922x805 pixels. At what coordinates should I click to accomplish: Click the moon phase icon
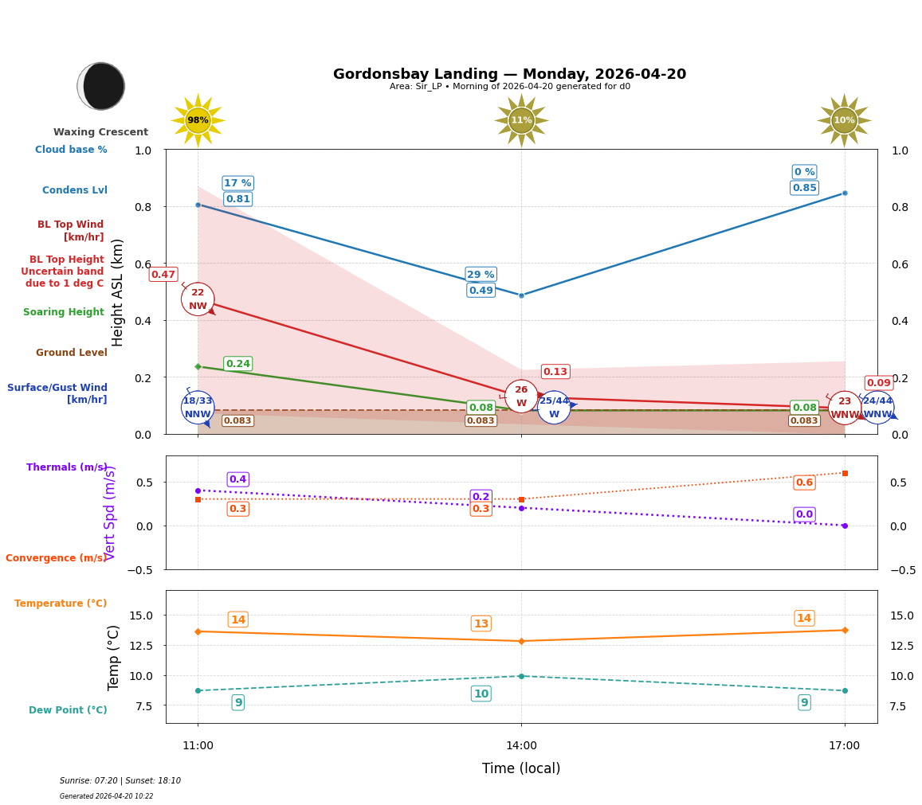coord(101,86)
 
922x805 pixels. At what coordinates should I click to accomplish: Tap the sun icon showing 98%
coord(198,120)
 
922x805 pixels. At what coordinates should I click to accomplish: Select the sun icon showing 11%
coord(521,120)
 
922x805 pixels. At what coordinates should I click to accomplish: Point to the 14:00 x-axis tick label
coord(521,746)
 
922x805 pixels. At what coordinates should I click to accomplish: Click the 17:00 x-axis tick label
coord(844,746)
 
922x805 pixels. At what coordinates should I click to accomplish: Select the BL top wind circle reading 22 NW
coord(198,299)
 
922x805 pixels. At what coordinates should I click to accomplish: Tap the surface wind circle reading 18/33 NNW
coord(198,408)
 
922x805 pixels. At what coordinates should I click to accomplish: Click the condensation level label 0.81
coord(237,199)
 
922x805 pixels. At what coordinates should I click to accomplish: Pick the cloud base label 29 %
coord(481,275)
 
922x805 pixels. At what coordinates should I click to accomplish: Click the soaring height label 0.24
coord(237,364)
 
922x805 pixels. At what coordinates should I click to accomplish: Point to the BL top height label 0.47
coord(163,275)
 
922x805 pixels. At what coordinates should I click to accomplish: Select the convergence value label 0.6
coord(804,483)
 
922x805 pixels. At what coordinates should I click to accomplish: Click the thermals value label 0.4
coord(237,479)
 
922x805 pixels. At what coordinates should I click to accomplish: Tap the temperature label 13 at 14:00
coord(481,623)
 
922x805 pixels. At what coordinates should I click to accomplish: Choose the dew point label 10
coord(481,694)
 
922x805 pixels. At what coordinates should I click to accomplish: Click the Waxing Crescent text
coord(100,132)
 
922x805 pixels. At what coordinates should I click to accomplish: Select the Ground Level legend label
coord(71,353)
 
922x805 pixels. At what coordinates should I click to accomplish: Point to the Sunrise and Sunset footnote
coord(120,781)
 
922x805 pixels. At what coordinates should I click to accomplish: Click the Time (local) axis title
coord(521,768)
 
